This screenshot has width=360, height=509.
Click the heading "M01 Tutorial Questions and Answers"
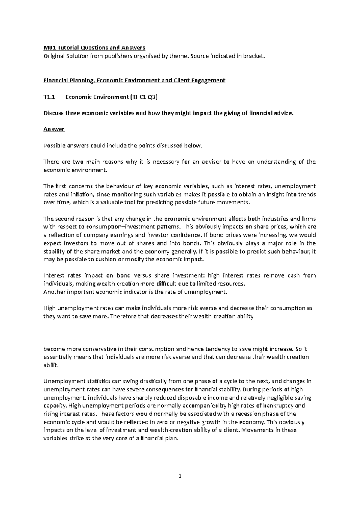pos(94,48)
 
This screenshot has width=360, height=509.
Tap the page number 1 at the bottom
pos(180,476)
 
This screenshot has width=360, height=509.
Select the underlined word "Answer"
pos(54,129)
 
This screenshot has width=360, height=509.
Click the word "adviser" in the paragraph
pos(211,162)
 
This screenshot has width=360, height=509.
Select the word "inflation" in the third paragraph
pos(82,195)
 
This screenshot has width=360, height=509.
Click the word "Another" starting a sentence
pos(54,292)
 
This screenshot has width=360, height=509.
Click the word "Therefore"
pos(122,316)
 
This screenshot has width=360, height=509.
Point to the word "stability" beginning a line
pos(54,251)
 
